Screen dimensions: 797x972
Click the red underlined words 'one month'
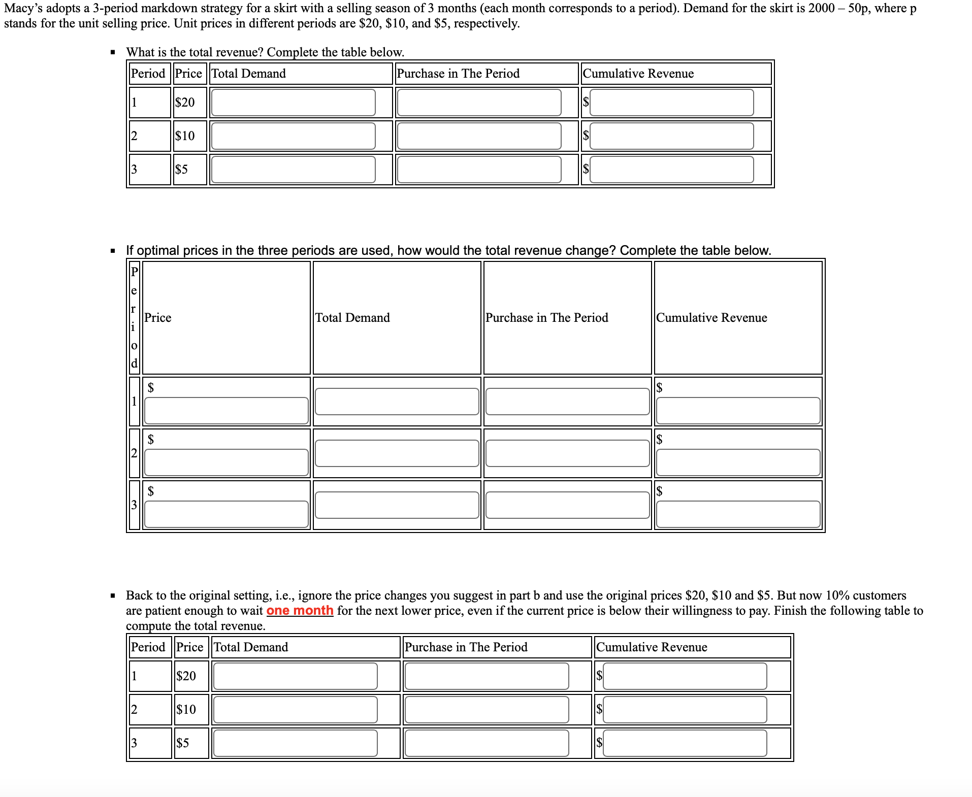300,610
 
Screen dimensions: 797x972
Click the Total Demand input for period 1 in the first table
293,103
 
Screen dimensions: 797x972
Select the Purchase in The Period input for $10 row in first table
479,136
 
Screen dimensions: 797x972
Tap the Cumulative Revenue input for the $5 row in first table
671,170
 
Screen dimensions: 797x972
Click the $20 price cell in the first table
185,103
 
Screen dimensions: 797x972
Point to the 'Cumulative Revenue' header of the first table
638,74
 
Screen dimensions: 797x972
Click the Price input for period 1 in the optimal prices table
226,410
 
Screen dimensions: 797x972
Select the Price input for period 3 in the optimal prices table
226,514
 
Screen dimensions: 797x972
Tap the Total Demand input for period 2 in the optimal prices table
397,453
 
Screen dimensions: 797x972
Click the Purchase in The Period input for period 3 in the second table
567,505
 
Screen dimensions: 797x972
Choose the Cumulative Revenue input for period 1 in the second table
738,410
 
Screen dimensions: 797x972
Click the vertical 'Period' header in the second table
134,317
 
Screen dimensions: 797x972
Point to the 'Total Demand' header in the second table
352,318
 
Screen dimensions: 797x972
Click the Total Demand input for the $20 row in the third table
295,676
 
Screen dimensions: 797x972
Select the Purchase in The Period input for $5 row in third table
487,743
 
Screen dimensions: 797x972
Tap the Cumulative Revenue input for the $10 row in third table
685,710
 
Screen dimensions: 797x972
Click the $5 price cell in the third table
183,743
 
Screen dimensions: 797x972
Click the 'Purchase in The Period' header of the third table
466,647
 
